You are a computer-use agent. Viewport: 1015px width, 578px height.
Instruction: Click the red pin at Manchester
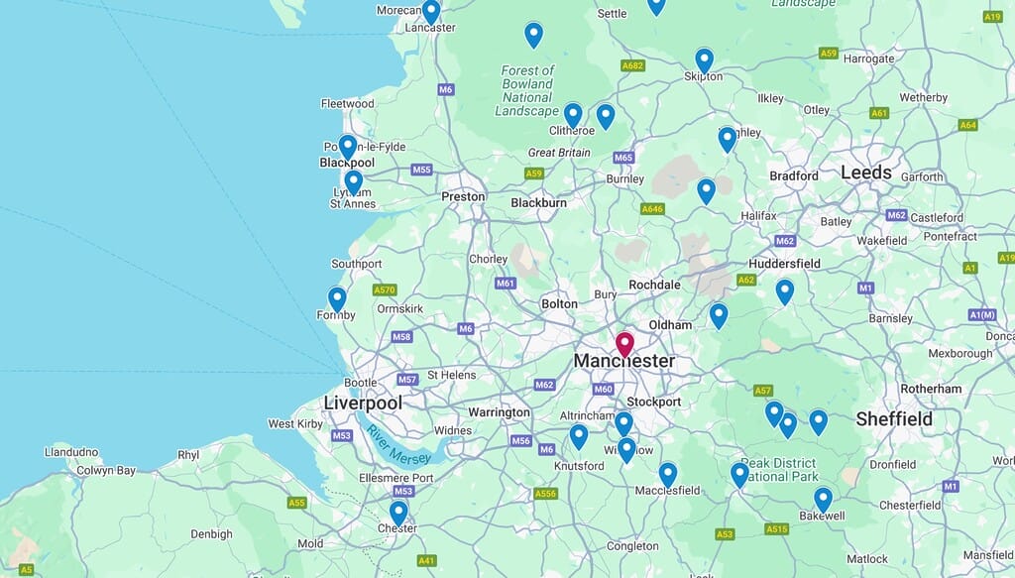pyautogui.click(x=624, y=344)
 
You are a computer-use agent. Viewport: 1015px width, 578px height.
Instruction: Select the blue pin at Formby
pyautogui.click(x=337, y=298)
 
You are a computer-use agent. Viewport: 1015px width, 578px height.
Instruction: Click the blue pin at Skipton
pyautogui.click(x=704, y=60)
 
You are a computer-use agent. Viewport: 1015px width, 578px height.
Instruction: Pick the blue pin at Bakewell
pyautogui.click(x=823, y=499)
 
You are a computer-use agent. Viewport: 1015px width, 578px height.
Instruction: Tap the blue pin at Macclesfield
pyautogui.click(x=668, y=474)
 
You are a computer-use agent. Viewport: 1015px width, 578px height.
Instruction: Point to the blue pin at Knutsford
pyautogui.click(x=579, y=436)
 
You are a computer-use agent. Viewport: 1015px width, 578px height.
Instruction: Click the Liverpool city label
pyautogui.click(x=363, y=403)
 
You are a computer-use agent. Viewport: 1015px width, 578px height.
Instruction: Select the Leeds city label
pyautogui.click(x=865, y=173)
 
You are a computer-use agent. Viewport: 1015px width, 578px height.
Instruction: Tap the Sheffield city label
pyautogui.click(x=894, y=418)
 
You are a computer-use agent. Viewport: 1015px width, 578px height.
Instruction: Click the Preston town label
pyautogui.click(x=463, y=196)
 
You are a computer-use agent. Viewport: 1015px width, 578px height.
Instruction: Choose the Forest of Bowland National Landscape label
pyautogui.click(x=527, y=91)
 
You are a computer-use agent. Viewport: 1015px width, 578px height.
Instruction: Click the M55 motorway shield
pyautogui.click(x=421, y=170)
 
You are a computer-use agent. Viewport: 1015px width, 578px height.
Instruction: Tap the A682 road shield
pyautogui.click(x=632, y=65)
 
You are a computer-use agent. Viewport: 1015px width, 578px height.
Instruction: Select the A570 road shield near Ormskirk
pyautogui.click(x=385, y=290)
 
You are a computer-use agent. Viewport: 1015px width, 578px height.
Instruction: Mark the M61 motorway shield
pyautogui.click(x=506, y=283)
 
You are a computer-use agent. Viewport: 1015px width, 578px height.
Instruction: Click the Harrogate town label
pyautogui.click(x=869, y=58)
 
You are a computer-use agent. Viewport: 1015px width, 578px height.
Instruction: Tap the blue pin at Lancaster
pyautogui.click(x=431, y=12)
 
